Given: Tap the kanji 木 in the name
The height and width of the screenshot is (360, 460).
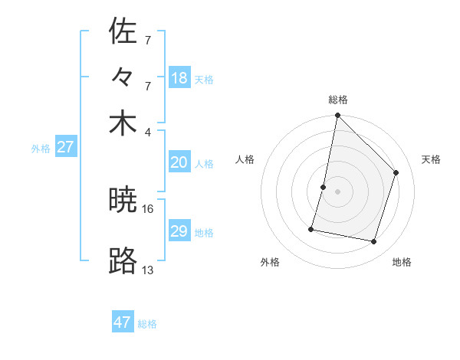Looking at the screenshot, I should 123,124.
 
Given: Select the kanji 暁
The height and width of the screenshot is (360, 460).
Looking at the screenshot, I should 123,201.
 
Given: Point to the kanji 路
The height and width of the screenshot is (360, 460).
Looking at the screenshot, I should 123,261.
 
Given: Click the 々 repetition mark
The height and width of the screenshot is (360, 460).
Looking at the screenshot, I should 123,77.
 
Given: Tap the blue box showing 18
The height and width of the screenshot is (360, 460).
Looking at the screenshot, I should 179,78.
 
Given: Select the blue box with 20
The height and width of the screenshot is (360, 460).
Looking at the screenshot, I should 179,162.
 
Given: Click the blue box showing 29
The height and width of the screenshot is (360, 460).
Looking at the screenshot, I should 179,231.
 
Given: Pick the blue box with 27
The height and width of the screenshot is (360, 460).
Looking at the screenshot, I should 65,147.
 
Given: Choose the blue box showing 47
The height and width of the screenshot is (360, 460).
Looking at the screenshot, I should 123,322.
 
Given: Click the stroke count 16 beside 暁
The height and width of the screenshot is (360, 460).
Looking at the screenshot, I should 148,208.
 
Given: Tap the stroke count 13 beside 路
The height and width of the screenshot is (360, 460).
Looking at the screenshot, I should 148,270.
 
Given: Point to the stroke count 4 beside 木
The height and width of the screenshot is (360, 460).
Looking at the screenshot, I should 148,131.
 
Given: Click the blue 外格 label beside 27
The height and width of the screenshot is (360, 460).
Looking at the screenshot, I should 41,149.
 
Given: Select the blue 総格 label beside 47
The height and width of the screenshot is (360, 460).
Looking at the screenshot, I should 147,324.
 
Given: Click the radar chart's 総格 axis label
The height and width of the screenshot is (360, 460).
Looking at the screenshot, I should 337,100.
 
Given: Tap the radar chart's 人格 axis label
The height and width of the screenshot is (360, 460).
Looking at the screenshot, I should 245,159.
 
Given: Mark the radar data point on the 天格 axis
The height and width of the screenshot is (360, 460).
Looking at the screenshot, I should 396,173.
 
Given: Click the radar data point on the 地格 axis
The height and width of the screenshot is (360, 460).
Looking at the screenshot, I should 374,242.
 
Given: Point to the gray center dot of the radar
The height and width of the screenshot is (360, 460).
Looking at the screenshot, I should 337,191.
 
